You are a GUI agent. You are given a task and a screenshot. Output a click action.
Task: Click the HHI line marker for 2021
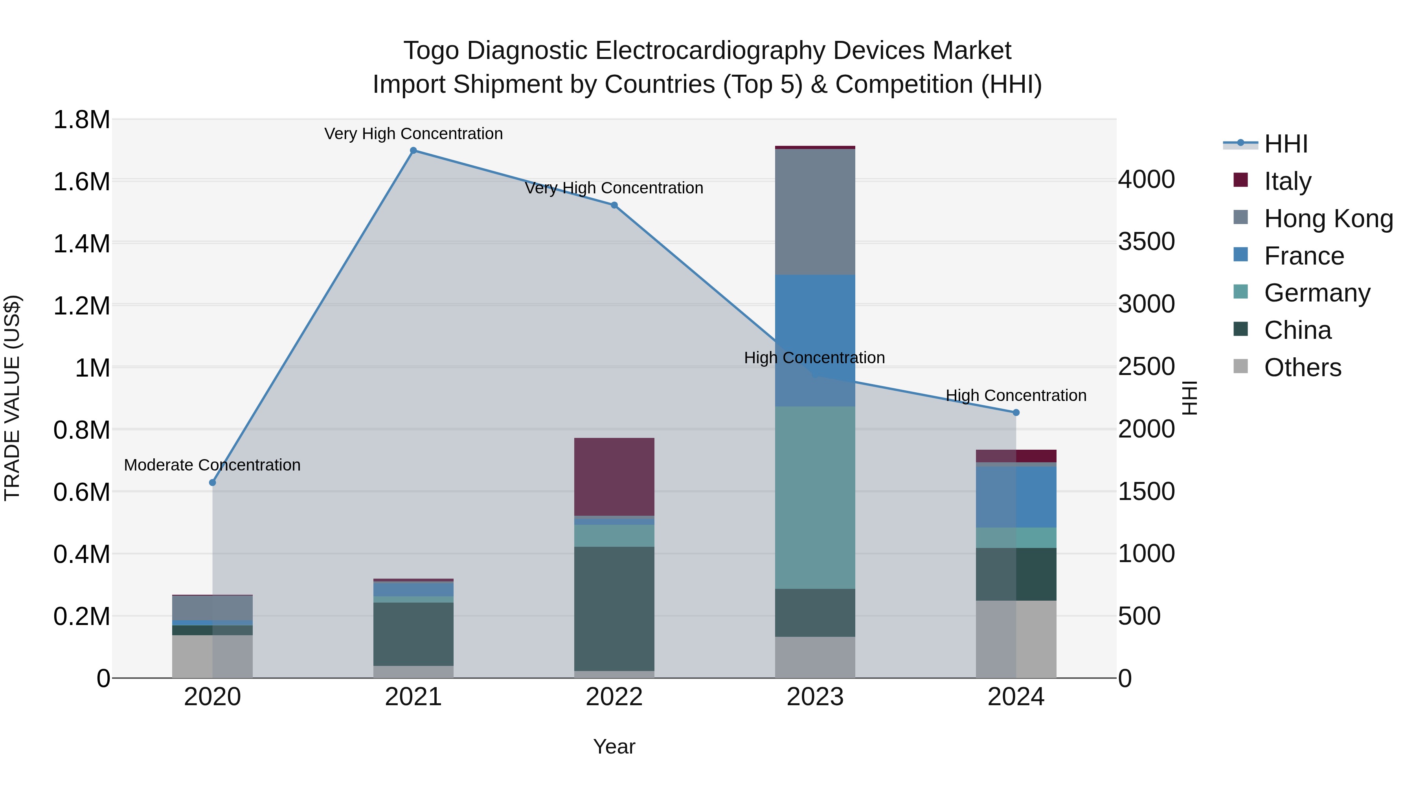(413, 150)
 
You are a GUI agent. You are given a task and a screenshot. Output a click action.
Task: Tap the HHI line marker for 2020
(213, 482)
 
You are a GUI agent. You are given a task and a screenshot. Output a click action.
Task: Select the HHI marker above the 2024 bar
(1016, 413)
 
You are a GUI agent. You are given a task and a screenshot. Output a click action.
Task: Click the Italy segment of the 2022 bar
(614, 476)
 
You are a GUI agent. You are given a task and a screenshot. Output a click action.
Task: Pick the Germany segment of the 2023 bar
(815, 497)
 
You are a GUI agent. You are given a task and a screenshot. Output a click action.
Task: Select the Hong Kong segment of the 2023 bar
(815, 211)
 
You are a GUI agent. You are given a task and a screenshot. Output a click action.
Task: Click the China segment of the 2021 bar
(413, 634)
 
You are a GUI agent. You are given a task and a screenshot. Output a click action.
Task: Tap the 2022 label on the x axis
(614, 697)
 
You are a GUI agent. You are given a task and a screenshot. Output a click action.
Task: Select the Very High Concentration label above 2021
(413, 134)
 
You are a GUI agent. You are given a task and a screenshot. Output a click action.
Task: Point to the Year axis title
(614, 746)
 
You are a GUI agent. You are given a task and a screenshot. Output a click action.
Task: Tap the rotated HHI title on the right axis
(1189, 398)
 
